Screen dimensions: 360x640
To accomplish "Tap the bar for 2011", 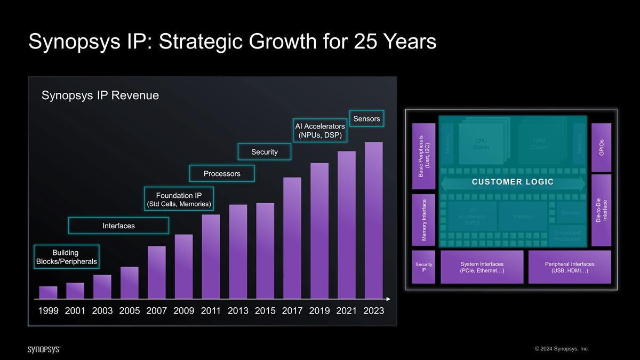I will (x=211, y=256).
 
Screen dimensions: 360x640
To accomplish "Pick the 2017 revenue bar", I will (x=292, y=237).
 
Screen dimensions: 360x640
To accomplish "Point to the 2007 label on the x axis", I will (x=156, y=311).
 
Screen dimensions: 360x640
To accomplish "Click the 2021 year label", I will (x=346, y=311).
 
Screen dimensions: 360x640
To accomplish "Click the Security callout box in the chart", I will (x=265, y=152).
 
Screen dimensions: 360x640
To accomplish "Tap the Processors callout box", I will (x=222, y=174).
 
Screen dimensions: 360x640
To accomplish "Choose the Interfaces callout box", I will (x=118, y=226).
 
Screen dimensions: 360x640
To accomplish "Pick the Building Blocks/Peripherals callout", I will (x=66, y=257).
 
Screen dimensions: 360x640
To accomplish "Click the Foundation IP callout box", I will (x=179, y=199).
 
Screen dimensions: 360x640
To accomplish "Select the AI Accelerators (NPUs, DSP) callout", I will (x=320, y=130).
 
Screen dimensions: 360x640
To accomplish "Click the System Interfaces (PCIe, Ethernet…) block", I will (x=482, y=267).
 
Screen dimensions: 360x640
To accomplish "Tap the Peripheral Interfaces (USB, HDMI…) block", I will (x=570, y=267).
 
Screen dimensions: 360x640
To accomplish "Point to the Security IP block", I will (x=423, y=267).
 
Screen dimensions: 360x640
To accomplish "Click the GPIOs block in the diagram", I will (x=601, y=148).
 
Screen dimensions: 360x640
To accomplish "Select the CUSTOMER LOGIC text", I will (x=513, y=182).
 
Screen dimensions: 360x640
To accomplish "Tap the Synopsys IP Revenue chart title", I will (x=100, y=95).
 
